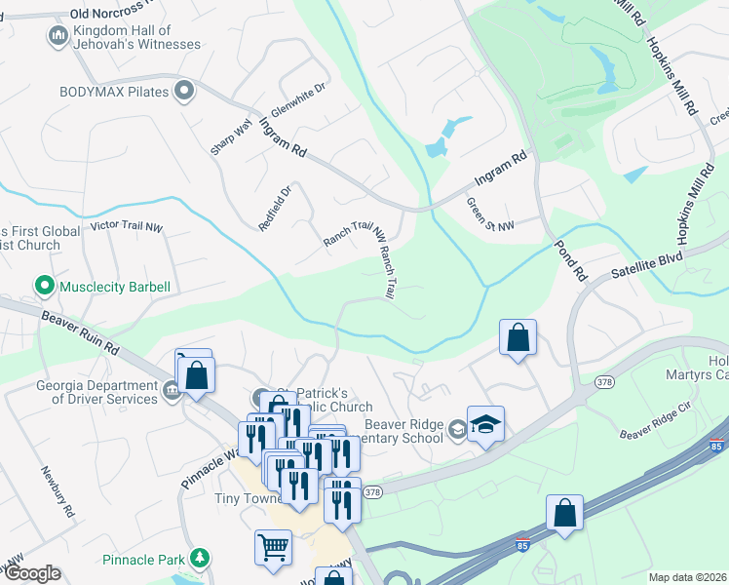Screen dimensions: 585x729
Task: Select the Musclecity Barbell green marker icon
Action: click(x=44, y=287)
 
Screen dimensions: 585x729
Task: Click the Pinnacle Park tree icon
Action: click(x=200, y=558)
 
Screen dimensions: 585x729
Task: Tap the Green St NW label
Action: click(x=489, y=214)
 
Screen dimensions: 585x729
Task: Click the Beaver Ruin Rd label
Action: click(x=80, y=331)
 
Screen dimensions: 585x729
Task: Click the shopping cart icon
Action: click(x=273, y=547)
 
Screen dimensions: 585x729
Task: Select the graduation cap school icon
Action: click(x=485, y=423)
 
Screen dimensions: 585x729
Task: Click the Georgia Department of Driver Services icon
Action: click(x=172, y=391)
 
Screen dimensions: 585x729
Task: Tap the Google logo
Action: click(x=32, y=573)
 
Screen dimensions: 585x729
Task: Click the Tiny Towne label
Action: click(x=248, y=498)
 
